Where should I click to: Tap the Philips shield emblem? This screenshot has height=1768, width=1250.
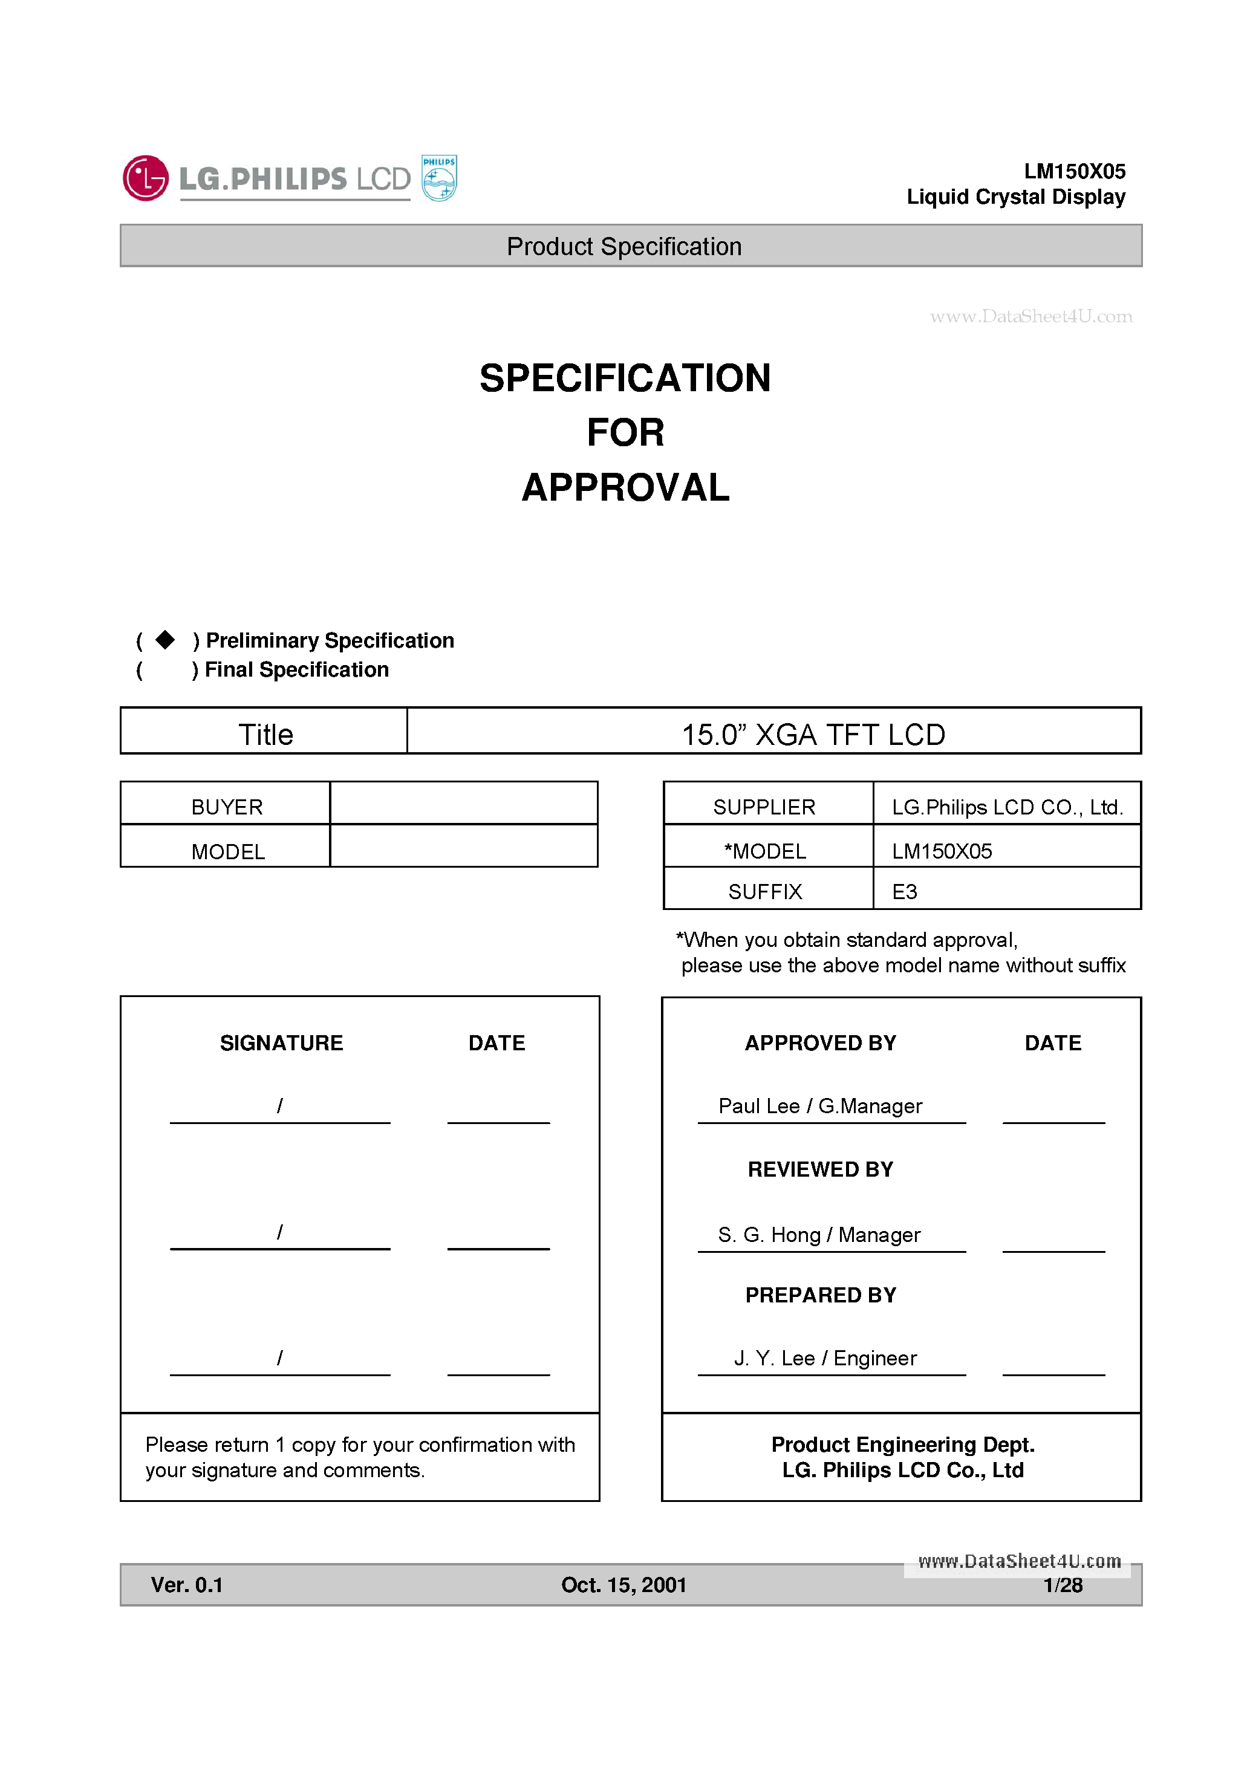(x=439, y=178)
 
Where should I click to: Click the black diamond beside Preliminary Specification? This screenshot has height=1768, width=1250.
(x=165, y=640)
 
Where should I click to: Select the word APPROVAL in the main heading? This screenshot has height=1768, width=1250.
(x=625, y=487)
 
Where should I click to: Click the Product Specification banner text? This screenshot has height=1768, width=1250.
(x=624, y=247)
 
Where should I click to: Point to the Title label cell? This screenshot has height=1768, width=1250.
(x=265, y=734)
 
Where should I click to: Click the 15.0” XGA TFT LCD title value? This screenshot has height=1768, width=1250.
(x=813, y=734)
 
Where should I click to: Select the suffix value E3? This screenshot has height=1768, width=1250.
(x=904, y=892)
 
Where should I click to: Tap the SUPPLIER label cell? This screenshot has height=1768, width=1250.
(x=764, y=807)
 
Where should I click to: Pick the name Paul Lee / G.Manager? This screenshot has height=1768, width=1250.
(x=820, y=1106)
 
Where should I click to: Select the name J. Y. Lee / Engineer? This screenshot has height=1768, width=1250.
(x=825, y=1358)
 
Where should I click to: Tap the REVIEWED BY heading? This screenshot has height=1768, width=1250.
(x=820, y=1169)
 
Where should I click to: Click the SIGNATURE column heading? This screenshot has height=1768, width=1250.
(x=281, y=1042)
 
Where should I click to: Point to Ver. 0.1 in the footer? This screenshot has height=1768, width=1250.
(x=186, y=1585)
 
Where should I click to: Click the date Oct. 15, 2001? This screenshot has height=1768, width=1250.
(x=624, y=1585)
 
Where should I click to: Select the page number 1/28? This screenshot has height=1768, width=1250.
(x=1063, y=1585)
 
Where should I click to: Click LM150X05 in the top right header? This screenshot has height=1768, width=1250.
(x=1075, y=171)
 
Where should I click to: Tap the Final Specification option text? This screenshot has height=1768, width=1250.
(x=296, y=670)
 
